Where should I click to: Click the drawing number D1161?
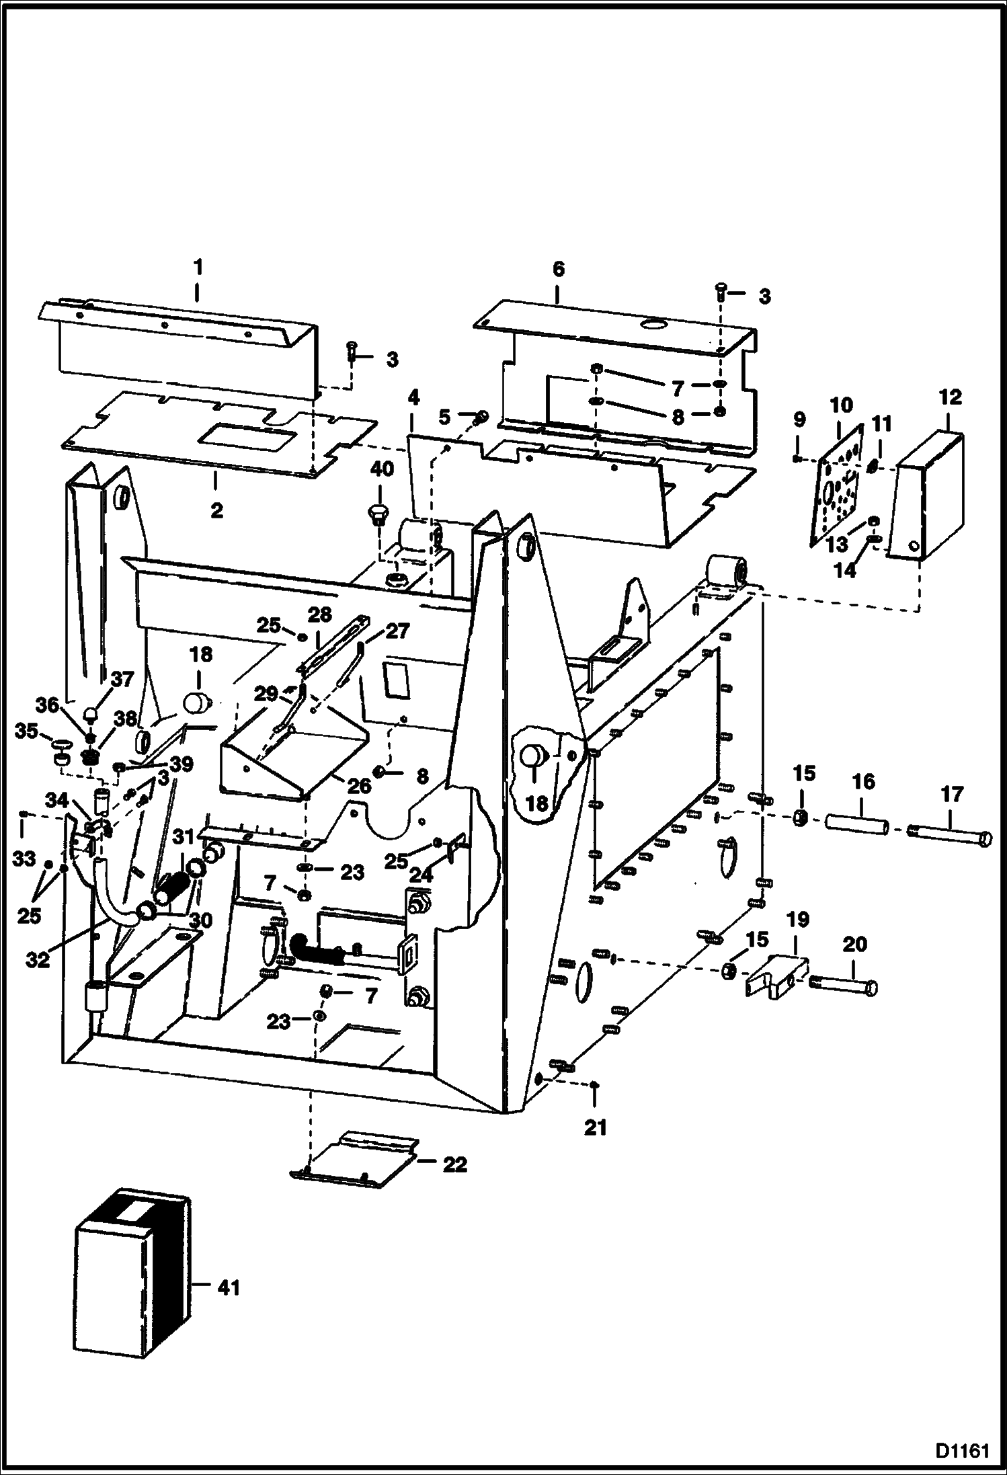[x=963, y=1450]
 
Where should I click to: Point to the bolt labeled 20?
[x=844, y=988]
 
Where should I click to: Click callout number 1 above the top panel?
[x=197, y=267]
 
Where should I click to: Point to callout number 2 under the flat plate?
[x=216, y=510]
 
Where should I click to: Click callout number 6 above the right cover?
[x=558, y=269]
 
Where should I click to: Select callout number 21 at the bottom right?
[x=595, y=1127]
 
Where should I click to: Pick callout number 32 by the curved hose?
[x=38, y=960]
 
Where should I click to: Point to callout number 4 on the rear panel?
[x=413, y=397]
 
